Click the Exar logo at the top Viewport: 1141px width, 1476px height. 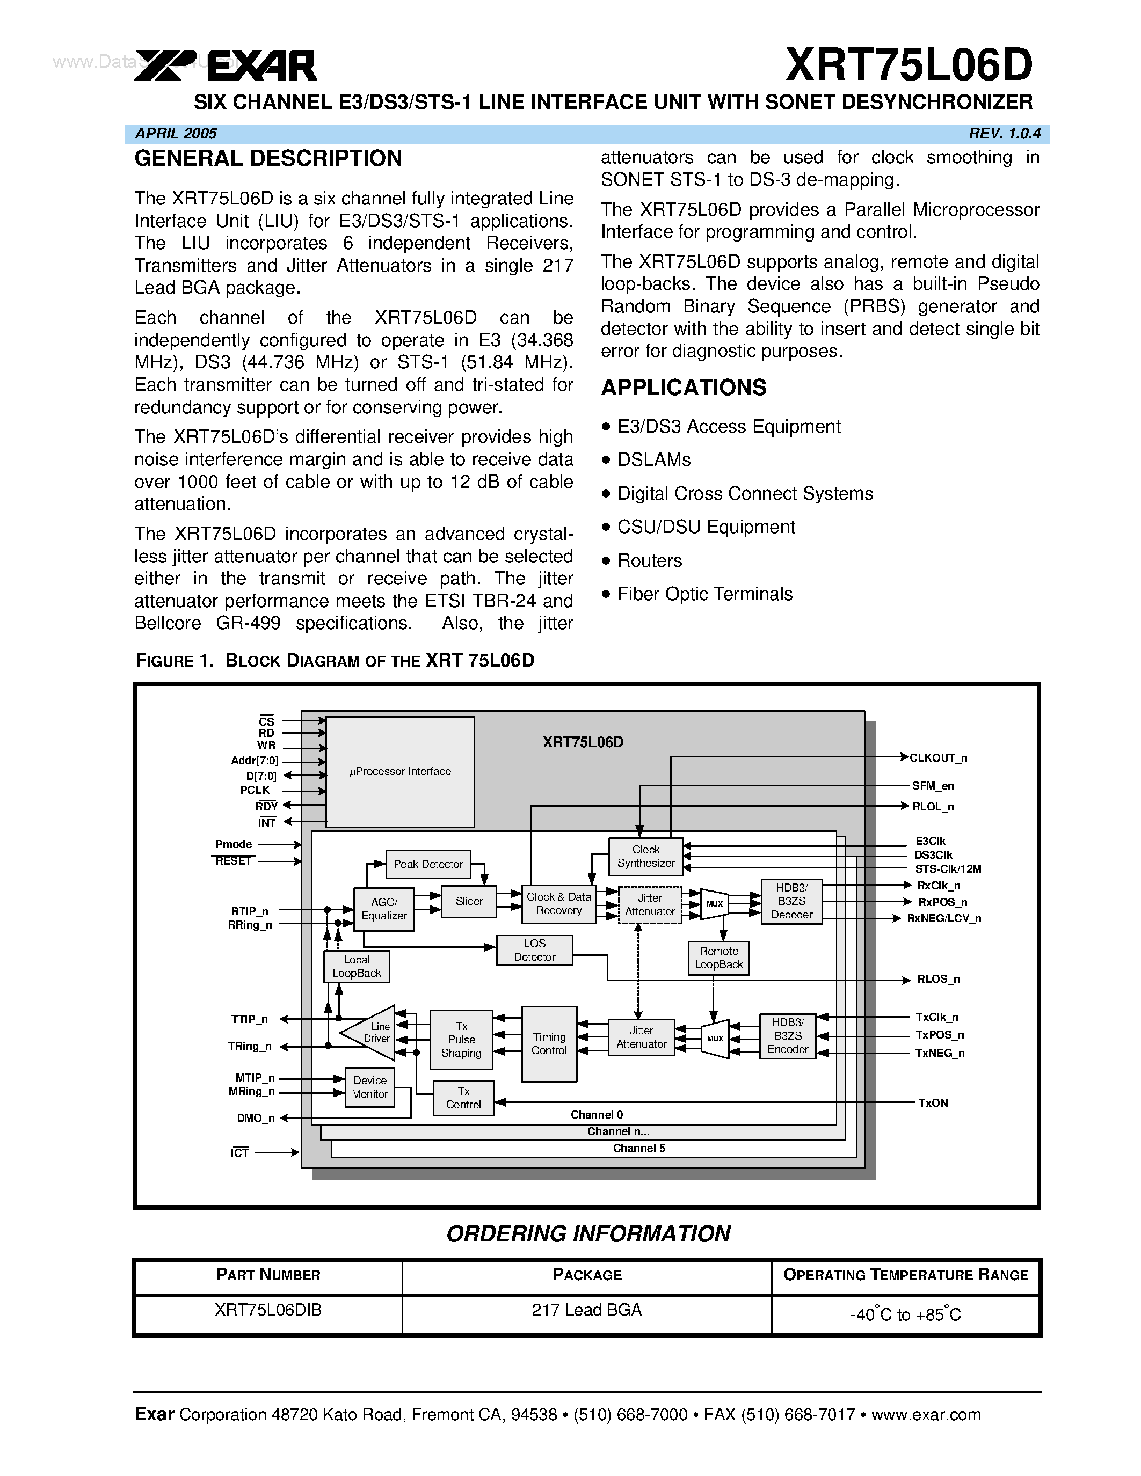(226, 66)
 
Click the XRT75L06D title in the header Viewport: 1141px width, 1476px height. (909, 65)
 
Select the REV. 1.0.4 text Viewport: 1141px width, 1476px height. (1004, 134)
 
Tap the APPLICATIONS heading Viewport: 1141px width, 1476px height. (684, 388)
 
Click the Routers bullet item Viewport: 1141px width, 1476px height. (650, 561)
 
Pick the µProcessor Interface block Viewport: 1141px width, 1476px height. (400, 772)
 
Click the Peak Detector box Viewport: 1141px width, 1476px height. (428, 864)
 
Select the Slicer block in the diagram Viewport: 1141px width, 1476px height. (469, 902)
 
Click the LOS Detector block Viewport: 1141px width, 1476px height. (534, 950)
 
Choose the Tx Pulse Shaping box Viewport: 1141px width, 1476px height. (461, 1040)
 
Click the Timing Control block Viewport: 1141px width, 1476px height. (549, 1043)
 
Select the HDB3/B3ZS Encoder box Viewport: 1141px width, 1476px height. (788, 1036)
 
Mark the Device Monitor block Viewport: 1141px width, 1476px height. (370, 1087)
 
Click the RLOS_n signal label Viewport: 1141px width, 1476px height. (937, 980)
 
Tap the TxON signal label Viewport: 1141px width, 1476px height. (933, 1103)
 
